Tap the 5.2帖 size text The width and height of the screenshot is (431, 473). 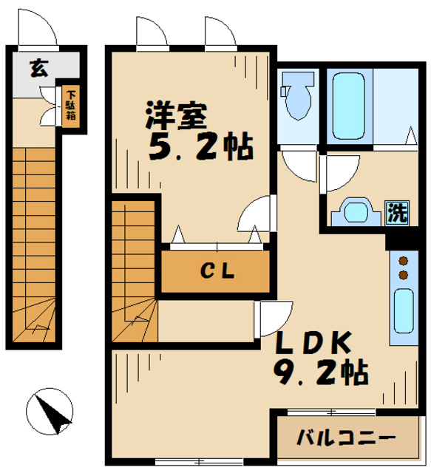pyautogui.click(x=200, y=149)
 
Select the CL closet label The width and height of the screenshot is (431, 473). pyautogui.click(x=217, y=272)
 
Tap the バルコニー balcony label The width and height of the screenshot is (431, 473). pyautogui.click(x=346, y=437)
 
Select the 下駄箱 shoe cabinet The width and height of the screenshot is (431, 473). pyautogui.click(x=71, y=108)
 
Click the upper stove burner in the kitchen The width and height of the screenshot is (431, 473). pyautogui.click(x=404, y=260)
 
